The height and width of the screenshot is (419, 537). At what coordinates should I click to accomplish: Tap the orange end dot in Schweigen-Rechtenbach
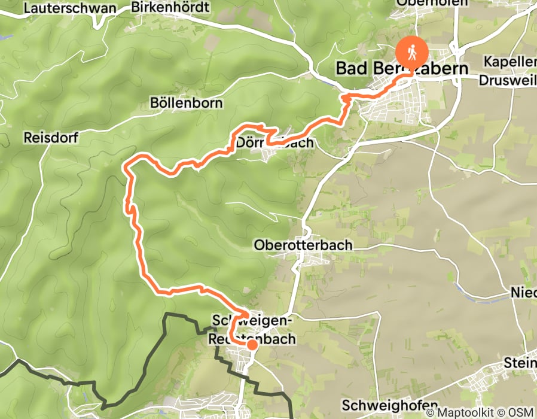click(x=252, y=345)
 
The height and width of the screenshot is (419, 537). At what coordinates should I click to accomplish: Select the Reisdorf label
click(x=51, y=137)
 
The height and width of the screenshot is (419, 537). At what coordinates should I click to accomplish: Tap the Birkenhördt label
click(x=170, y=8)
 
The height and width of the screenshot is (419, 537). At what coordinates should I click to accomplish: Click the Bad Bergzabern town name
click(x=402, y=68)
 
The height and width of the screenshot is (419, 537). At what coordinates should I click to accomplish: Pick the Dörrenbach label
click(x=274, y=143)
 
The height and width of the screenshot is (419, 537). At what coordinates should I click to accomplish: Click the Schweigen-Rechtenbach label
click(x=252, y=330)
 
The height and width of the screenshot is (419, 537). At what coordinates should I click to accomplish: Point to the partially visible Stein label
click(x=520, y=362)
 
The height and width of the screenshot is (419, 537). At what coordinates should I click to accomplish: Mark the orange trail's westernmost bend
click(x=124, y=168)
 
